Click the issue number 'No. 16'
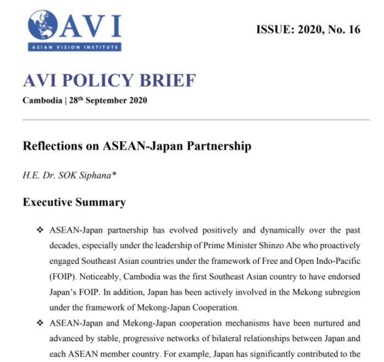point(345,30)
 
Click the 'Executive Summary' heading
point(74,202)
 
